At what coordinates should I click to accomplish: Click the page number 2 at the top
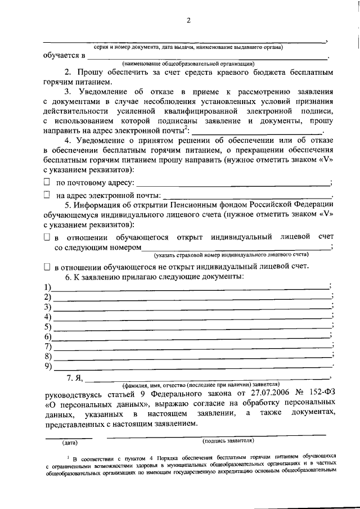tap(189, 21)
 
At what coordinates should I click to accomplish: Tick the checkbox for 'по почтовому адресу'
tap(47, 183)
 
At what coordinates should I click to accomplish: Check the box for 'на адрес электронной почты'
tap(47, 195)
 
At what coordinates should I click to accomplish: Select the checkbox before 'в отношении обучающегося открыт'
tap(47, 237)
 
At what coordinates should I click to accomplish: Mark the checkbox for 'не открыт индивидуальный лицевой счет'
tap(47, 267)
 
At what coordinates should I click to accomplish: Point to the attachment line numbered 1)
tap(191, 287)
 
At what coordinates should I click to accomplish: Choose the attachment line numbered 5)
tap(191, 327)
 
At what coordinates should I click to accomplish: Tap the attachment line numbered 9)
tap(191, 367)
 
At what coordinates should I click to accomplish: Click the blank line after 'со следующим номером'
tap(236, 248)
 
